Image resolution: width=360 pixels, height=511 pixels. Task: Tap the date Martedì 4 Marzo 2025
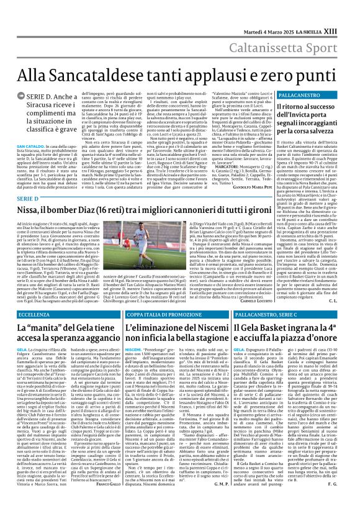[x=278, y=13]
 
